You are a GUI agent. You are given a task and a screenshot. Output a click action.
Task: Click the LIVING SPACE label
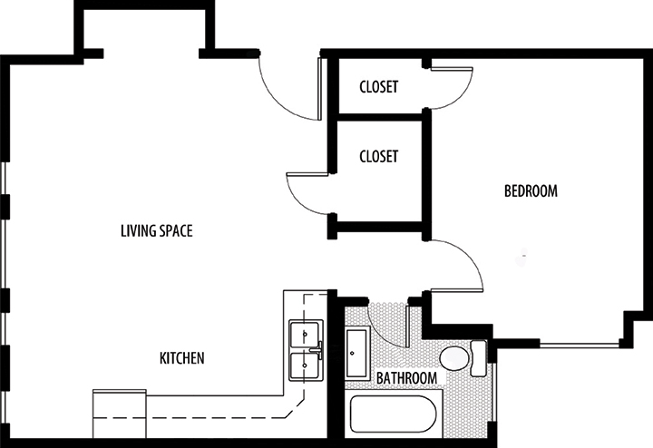click(x=156, y=230)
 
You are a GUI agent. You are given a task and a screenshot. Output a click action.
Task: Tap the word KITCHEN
click(x=181, y=358)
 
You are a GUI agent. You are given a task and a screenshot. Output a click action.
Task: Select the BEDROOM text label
click(x=530, y=191)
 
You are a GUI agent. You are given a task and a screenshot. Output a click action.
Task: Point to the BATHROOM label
click(x=408, y=378)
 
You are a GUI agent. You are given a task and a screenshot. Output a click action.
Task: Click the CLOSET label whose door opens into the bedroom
click(x=378, y=87)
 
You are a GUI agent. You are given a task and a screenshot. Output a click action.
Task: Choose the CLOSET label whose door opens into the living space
click(x=378, y=156)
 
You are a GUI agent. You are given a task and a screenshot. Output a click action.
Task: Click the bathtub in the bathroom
click(x=393, y=414)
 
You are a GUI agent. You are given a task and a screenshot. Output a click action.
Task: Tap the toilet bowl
click(x=453, y=359)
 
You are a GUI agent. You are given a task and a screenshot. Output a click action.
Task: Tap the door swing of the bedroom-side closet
click(x=452, y=88)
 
